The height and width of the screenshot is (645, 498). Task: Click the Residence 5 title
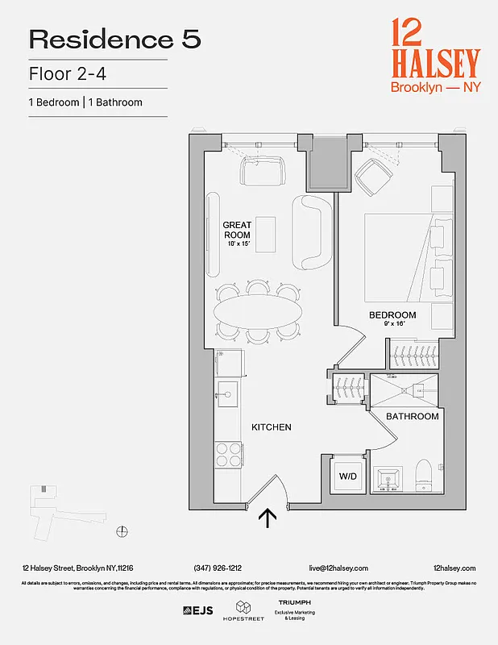pyautogui.click(x=114, y=39)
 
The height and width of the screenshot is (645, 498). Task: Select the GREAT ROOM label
pyautogui.click(x=238, y=230)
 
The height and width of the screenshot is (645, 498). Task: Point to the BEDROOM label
pyautogui.click(x=392, y=315)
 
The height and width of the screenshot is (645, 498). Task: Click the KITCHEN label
pyautogui.click(x=271, y=427)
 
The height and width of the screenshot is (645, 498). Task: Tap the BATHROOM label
pyautogui.click(x=412, y=417)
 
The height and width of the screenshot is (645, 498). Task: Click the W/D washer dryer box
pyautogui.click(x=348, y=475)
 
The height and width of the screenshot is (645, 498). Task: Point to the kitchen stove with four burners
pyautogui.click(x=229, y=455)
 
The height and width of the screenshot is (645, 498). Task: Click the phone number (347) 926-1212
pyautogui.click(x=218, y=568)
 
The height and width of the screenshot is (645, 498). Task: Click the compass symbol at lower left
pyautogui.click(x=122, y=530)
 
